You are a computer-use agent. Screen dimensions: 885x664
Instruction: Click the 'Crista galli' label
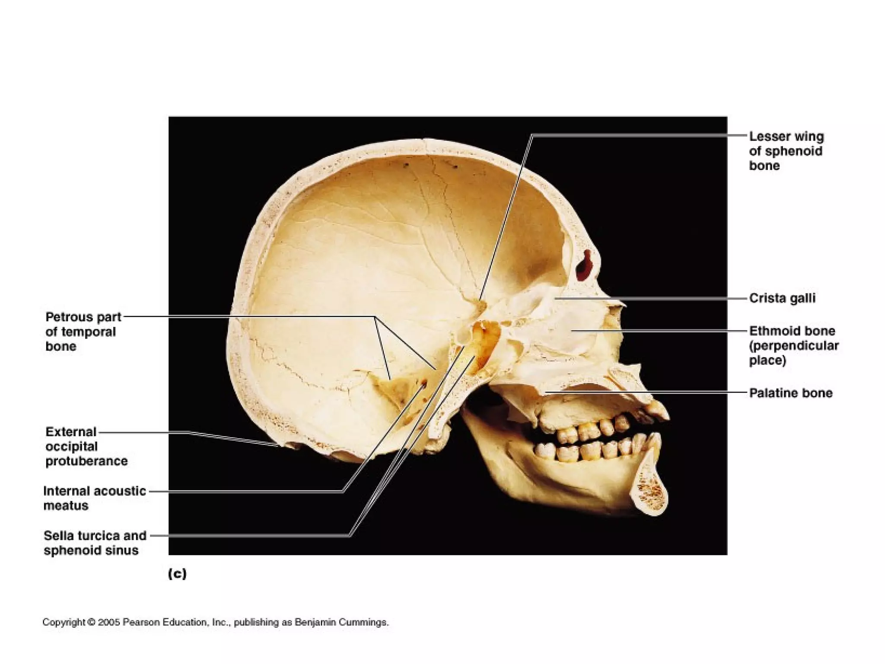click(x=782, y=298)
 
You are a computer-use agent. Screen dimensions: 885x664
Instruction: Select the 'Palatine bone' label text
click(x=790, y=393)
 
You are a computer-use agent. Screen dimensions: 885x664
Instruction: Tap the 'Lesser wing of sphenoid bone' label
click(x=786, y=151)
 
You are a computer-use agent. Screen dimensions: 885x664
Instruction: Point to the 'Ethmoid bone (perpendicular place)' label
click(x=793, y=345)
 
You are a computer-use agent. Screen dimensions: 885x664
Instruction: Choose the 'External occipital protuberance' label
click(x=86, y=446)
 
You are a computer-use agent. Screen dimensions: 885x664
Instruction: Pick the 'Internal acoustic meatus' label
click(x=94, y=498)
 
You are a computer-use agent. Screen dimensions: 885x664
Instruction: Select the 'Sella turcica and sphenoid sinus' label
click(x=95, y=543)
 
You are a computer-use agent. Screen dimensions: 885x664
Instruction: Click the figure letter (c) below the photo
click(x=177, y=574)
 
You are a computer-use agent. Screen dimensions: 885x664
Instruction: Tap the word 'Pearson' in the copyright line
click(x=141, y=622)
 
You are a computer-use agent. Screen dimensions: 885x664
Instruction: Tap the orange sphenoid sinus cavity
click(x=484, y=342)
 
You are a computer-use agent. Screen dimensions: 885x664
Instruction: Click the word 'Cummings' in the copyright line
click(x=363, y=622)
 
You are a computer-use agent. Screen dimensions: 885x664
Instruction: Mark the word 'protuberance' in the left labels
click(x=86, y=461)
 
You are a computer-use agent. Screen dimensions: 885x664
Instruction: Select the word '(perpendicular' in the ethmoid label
click(x=794, y=346)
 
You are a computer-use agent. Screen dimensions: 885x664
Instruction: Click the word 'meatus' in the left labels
click(x=66, y=505)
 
